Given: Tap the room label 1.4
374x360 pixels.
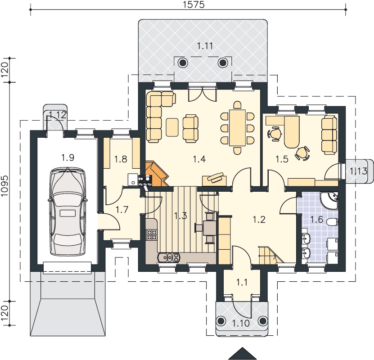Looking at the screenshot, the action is coord(199,159).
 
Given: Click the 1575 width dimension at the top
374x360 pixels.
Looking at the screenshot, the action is coord(194,5).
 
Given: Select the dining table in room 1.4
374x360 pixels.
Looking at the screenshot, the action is coord(237,127).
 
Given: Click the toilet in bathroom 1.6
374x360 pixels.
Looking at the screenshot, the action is coord(333,222).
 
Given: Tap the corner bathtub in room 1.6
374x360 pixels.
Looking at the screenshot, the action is coord(329,200).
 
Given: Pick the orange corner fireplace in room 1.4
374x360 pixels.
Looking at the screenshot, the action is coord(156,174).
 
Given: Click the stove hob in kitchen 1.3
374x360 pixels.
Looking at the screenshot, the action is coord(152,234).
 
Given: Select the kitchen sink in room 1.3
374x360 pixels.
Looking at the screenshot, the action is coord(168,257).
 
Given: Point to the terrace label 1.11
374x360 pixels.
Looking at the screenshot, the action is coord(205,46).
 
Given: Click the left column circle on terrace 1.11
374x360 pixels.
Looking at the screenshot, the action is coord(183,63).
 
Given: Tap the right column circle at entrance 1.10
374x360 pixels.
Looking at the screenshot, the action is coord(263,320).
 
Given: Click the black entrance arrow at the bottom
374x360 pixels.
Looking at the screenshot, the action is coord(242,353).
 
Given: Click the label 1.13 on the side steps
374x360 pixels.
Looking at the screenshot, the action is coord(358,171).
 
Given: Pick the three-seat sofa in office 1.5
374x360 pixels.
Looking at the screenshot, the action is coord(329,135).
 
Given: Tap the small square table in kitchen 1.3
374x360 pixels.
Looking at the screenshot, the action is coord(210,227).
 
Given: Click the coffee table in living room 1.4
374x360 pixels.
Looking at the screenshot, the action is coord(172,127).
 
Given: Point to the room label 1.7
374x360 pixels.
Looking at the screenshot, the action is coord(122,210).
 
